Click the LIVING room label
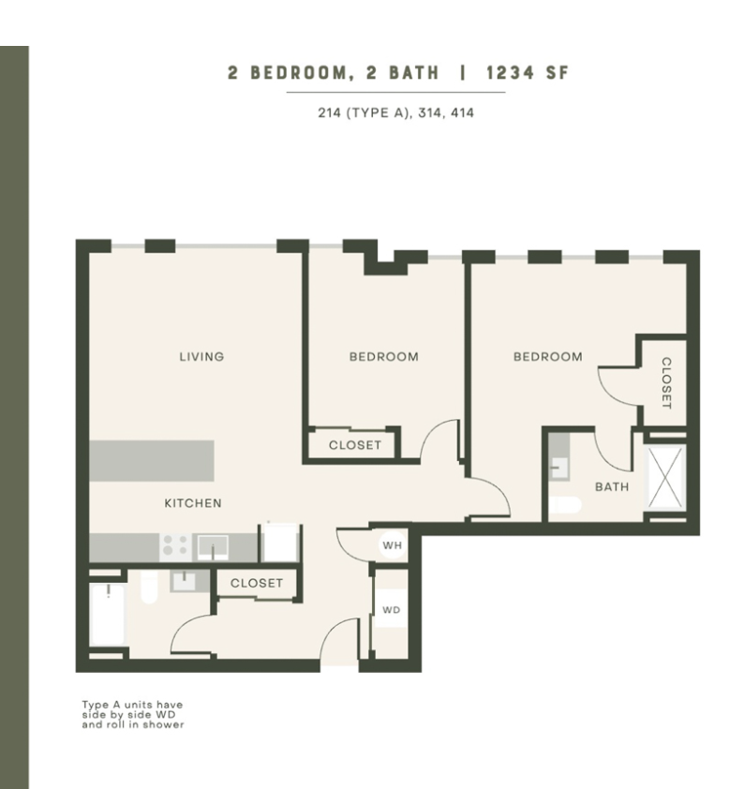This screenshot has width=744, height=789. click(x=201, y=357)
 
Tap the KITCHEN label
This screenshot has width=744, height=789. click(x=193, y=503)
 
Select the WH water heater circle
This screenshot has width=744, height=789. click(x=393, y=545)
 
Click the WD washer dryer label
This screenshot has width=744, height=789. click(x=392, y=610)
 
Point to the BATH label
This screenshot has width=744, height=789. click(x=612, y=486)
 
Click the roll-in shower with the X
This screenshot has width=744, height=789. click(x=665, y=477)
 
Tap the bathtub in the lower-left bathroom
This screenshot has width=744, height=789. click(x=107, y=615)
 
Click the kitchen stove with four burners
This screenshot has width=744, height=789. click(x=175, y=547)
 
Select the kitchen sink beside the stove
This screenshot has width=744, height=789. click(x=213, y=547)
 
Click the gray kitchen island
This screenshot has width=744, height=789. click(x=152, y=461)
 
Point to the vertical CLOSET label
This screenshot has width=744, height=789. click(x=666, y=383)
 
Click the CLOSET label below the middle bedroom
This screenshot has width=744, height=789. click(x=355, y=445)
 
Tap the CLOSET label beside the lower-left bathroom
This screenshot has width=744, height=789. click(x=257, y=583)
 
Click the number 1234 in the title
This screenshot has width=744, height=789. click(x=510, y=73)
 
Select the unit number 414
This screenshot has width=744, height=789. click(x=462, y=112)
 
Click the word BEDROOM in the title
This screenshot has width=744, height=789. click(x=299, y=73)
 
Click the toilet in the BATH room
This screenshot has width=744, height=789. click(x=565, y=505)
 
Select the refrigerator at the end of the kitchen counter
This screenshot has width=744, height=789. click(x=280, y=543)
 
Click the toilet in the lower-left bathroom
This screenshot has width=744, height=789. click(x=149, y=587)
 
